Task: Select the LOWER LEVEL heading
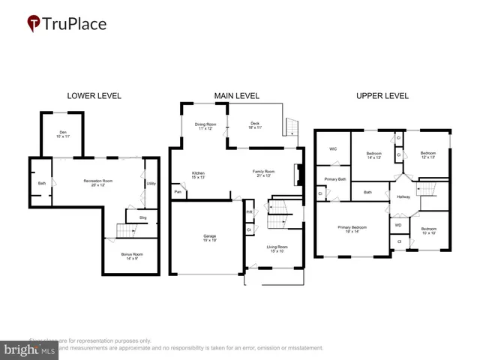tap(94, 96)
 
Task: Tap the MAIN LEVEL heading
tap(236, 96)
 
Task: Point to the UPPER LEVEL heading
tap(382, 96)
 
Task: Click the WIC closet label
tap(333, 148)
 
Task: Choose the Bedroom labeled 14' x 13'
tap(374, 154)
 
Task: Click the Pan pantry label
tap(178, 193)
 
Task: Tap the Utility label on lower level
tap(151, 183)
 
